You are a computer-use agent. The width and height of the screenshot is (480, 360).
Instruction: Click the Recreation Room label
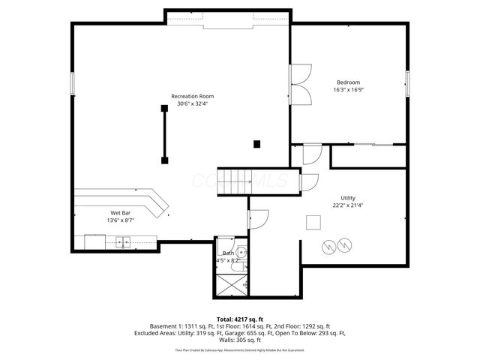(x=193, y=96)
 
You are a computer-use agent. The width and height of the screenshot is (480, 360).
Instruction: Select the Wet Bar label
(x=121, y=213)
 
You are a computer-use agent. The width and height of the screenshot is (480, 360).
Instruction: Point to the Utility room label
(x=348, y=197)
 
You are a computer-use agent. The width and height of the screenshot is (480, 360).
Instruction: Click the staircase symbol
(x=233, y=181)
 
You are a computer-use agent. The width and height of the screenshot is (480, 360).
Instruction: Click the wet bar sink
(x=123, y=241)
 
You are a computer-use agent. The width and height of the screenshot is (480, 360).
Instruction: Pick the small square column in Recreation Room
(x=256, y=143)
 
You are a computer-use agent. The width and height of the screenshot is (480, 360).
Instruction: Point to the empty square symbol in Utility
(x=313, y=221)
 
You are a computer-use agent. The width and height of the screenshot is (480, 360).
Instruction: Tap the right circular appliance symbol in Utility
(x=344, y=244)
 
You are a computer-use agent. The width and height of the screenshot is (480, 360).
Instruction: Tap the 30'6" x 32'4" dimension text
(x=193, y=104)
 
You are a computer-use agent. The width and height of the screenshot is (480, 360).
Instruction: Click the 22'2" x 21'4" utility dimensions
(x=348, y=205)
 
